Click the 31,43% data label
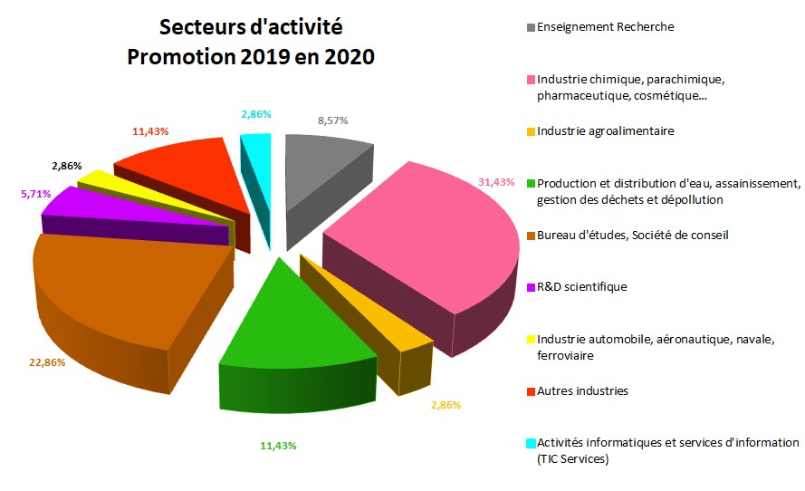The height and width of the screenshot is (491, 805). click(496, 182)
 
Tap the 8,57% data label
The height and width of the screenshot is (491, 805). click(332, 120)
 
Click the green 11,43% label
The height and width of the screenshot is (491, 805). click(278, 445)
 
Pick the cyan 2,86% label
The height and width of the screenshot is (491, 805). click(255, 114)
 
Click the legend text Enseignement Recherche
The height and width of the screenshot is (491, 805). click(605, 27)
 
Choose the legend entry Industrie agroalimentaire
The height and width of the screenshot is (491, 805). click(605, 131)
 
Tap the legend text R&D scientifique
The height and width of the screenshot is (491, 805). click(581, 287)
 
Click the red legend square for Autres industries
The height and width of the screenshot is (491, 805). click(531, 391)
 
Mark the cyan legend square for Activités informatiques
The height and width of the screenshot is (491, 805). click(531, 443)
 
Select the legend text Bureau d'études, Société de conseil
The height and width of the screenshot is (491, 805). click(632, 236)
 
